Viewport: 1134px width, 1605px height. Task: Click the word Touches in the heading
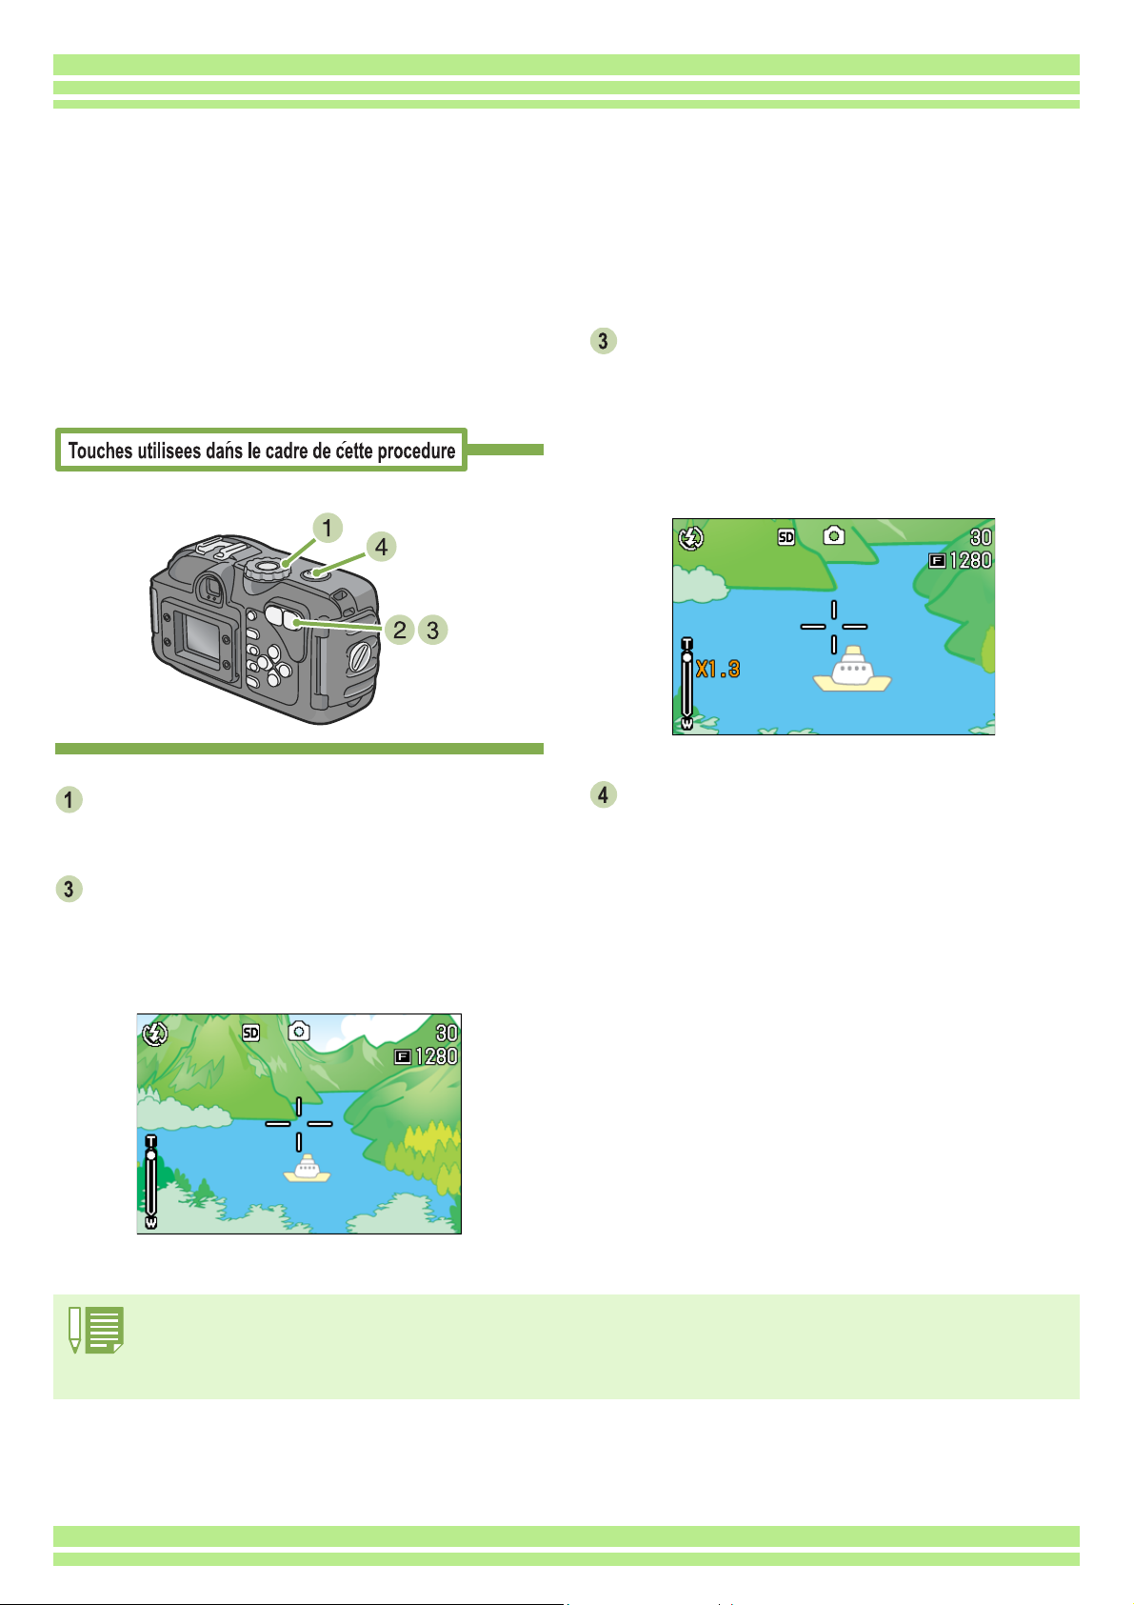point(99,451)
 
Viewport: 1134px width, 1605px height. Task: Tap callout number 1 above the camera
point(328,528)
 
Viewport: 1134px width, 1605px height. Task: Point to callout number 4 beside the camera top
point(381,547)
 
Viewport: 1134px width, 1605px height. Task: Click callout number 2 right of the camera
point(400,630)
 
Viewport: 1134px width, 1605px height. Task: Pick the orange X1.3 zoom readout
point(718,670)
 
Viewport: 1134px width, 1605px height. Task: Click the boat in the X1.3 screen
point(852,670)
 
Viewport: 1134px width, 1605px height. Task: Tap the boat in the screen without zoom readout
point(307,1168)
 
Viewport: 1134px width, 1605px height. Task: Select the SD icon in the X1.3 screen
point(786,537)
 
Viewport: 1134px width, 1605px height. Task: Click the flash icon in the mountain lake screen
point(155,1033)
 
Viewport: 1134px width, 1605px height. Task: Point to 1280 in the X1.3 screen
point(970,560)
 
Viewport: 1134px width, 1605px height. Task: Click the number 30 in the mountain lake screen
point(447,1033)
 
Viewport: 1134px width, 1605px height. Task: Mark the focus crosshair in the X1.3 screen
point(834,627)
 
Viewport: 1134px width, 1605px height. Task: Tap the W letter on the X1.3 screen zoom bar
point(687,724)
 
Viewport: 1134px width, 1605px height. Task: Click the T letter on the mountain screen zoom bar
point(150,1141)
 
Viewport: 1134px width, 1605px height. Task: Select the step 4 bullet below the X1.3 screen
point(603,794)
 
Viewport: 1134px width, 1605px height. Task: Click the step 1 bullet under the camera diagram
point(70,799)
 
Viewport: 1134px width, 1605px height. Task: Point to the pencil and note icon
point(96,1330)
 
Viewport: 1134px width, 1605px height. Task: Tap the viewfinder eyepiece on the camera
point(212,589)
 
